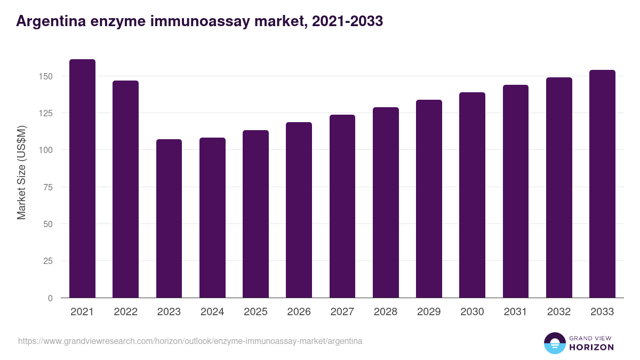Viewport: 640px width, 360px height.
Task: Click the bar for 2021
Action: (x=82, y=179)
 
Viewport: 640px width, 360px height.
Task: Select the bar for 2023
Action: (x=169, y=219)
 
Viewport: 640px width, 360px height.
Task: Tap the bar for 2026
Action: (x=299, y=210)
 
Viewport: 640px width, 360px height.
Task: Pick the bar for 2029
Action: (x=429, y=199)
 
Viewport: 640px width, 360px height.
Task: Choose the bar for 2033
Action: (x=602, y=184)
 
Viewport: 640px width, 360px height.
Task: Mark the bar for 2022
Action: (x=125, y=189)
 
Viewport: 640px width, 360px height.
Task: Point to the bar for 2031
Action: (x=516, y=191)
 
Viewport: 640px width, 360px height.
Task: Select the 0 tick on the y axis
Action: (x=50, y=298)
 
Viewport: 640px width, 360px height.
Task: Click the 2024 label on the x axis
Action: (x=212, y=312)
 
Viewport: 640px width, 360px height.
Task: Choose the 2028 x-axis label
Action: (x=386, y=312)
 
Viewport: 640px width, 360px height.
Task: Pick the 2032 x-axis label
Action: (x=559, y=312)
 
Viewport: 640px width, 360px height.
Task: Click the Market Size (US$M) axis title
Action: (x=21, y=172)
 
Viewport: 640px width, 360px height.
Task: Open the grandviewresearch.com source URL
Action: (x=190, y=341)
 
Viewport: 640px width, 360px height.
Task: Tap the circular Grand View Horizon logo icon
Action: (x=554, y=343)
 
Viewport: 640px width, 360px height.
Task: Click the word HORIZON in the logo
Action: (x=592, y=347)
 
